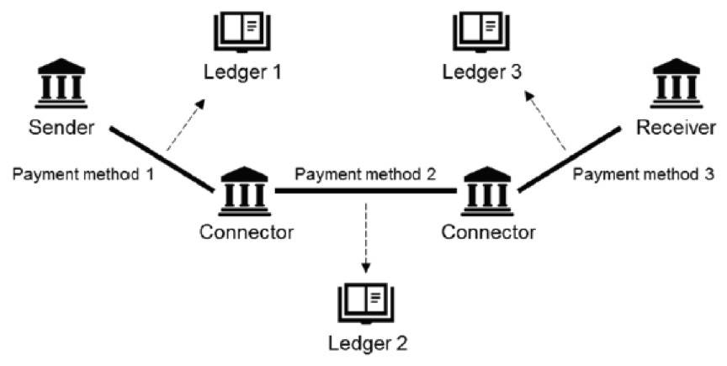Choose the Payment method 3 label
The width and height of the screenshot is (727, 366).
pos(645,174)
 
